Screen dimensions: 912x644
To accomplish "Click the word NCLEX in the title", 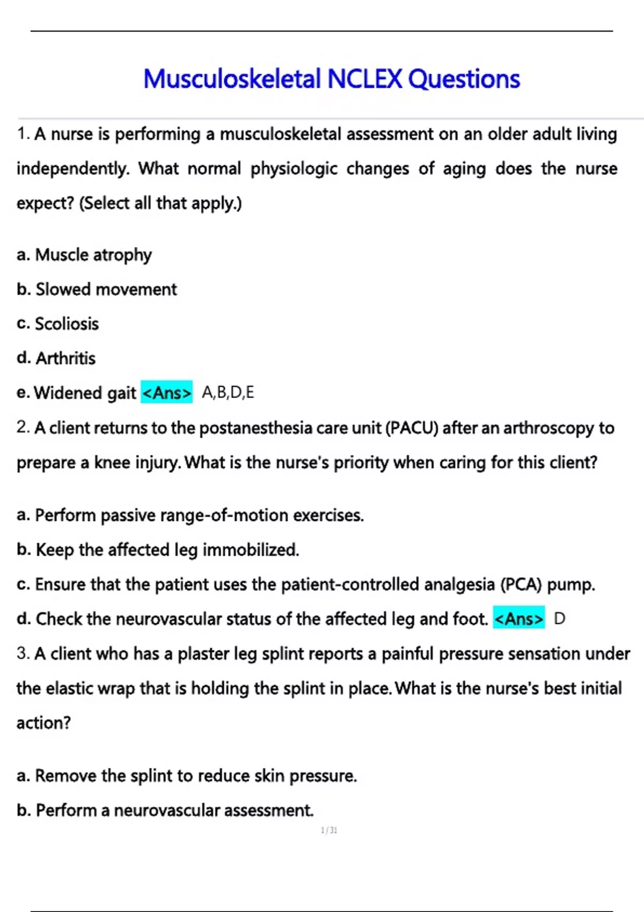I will tap(364, 79).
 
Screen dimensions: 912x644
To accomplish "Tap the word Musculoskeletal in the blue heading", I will tap(232, 79).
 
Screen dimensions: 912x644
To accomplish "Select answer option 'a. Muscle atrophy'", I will tap(84, 255).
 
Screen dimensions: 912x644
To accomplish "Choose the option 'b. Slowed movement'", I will tap(97, 290).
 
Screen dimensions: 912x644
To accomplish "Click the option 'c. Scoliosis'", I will tap(58, 324).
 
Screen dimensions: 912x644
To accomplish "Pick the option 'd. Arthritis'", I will tap(56, 358).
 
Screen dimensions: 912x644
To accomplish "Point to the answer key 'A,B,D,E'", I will tap(228, 393).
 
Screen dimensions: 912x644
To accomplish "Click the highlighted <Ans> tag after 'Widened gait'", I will tap(166, 393).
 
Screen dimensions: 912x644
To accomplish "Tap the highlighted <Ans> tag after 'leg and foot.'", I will tap(518, 619).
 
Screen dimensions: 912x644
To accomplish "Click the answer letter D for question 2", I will tap(559, 619).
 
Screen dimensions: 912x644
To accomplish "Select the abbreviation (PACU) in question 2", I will tap(412, 428).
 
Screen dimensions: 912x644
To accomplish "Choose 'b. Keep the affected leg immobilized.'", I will tap(158, 550).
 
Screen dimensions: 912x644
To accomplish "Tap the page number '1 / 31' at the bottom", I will tap(329, 830).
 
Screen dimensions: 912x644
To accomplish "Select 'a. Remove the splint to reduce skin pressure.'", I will tap(187, 776).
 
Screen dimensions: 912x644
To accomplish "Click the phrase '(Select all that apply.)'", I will tap(160, 203).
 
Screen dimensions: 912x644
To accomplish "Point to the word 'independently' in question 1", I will tap(73, 169).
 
